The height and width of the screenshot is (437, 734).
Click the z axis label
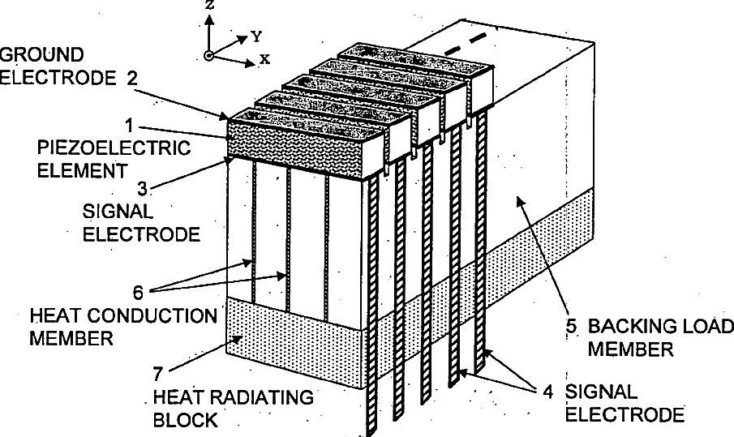pyautogui.click(x=209, y=6)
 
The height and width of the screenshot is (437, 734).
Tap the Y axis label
pyautogui.click(x=255, y=36)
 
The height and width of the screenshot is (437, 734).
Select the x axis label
pyautogui.click(x=264, y=59)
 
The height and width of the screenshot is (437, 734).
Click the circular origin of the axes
pyautogui.click(x=209, y=55)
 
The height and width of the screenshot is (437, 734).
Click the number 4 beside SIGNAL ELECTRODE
pyautogui.click(x=548, y=392)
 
